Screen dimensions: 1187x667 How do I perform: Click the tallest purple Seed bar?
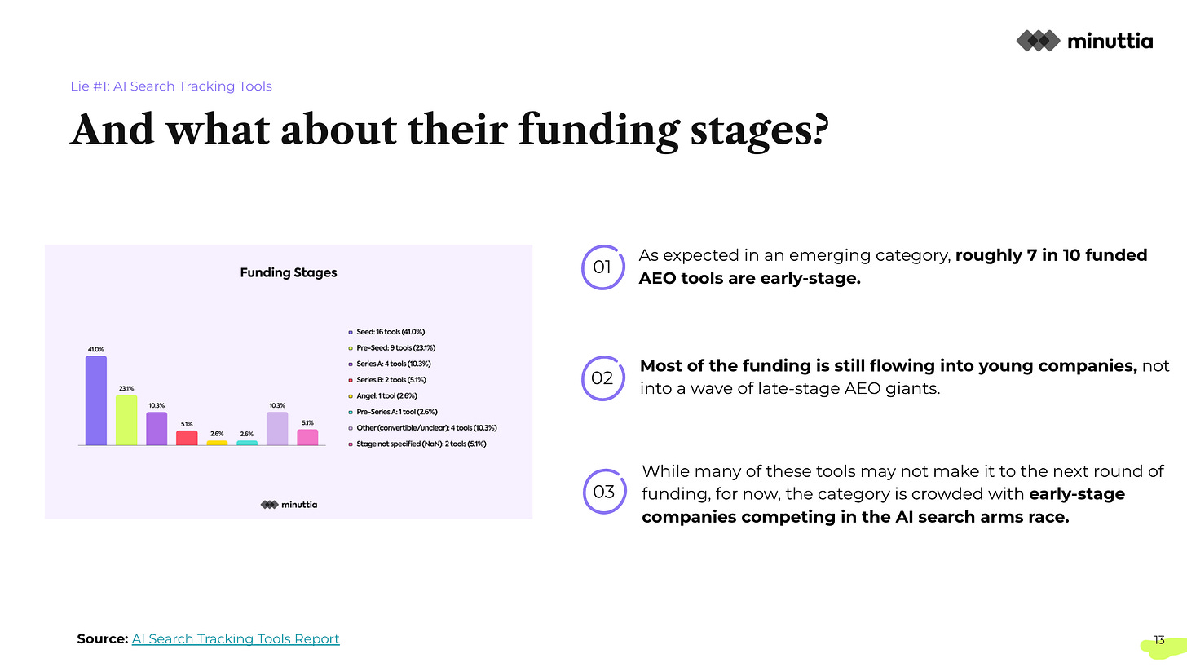(96, 400)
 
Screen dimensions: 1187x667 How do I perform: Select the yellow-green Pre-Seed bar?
(126, 420)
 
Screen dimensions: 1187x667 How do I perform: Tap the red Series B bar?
(187, 438)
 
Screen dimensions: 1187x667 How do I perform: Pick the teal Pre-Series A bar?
(247, 443)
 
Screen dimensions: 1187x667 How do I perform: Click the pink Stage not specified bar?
(307, 437)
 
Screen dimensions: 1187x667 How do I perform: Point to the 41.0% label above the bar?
(96, 350)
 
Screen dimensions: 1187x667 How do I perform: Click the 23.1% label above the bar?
(126, 389)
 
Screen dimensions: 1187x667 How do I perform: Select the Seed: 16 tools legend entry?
(386, 332)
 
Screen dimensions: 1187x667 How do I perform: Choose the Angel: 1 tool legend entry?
(382, 396)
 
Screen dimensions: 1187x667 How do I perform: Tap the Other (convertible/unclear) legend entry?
(422, 428)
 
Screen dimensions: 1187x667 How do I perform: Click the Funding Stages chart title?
(289, 272)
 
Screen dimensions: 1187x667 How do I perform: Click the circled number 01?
(603, 267)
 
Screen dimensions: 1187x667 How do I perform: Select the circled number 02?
(603, 378)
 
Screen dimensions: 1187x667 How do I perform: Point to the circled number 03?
(605, 492)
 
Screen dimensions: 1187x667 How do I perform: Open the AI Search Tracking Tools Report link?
(236, 639)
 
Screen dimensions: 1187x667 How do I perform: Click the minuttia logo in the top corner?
(1084, 41)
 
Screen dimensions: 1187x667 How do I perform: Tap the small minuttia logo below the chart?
(289, 505)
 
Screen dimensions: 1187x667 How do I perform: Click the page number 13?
(1159, 640)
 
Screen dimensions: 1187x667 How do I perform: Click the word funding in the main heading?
(598, 131)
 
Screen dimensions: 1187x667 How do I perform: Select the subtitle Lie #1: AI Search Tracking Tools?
(171, 86)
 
